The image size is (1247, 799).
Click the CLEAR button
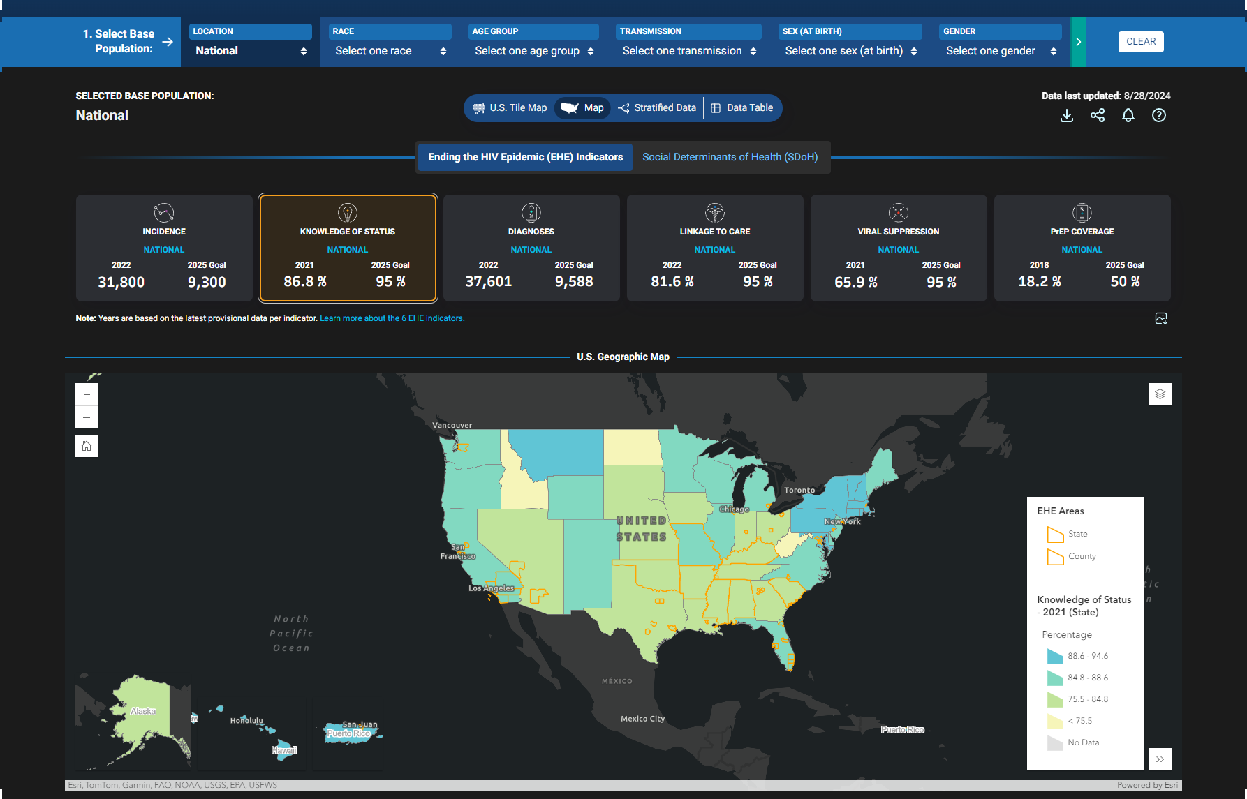(1140, 42)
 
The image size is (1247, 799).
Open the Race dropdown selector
(390, 51)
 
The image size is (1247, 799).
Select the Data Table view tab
(742, 108)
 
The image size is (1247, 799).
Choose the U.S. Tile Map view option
(510, 108)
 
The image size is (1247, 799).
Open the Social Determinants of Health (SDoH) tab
(730, 157)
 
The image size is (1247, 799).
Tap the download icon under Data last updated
(1066, 116)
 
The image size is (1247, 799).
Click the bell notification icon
(1128, 116)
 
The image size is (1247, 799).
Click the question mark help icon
(1158, 116)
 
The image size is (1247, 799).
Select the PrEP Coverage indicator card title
(1082, 232)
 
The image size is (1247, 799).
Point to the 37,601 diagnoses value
(488, 282)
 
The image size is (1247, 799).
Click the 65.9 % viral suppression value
(855, 283)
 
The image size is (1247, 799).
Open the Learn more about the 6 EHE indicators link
(392, 318)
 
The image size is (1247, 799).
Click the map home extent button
(87, 446)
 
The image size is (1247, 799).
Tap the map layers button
(1160, 394)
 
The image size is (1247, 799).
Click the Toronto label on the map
(799, 491)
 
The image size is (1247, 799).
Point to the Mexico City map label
(642, 719)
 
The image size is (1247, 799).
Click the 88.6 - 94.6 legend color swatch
(1054, 657)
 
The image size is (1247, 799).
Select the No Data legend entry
(1083, 742)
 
